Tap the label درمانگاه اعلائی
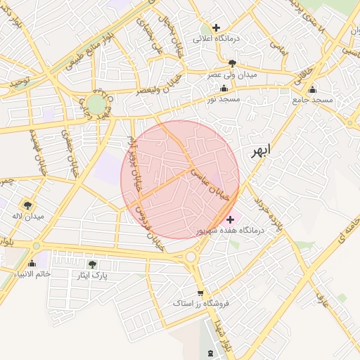tap(217, 38)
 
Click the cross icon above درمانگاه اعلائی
tap(217, 27)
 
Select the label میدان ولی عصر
tap(231, 73)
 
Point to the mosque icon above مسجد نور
tap(224, 89)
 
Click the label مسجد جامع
tap(311, 101)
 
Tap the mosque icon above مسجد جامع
tap(312, 89)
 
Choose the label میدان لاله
tap(27, 216)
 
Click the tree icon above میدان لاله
tap(27, 205)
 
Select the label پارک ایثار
tap(92, 275)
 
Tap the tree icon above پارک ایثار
tap(92, 264)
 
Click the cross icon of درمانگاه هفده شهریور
tap(230, 220)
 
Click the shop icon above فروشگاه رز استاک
tap(201, 292)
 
